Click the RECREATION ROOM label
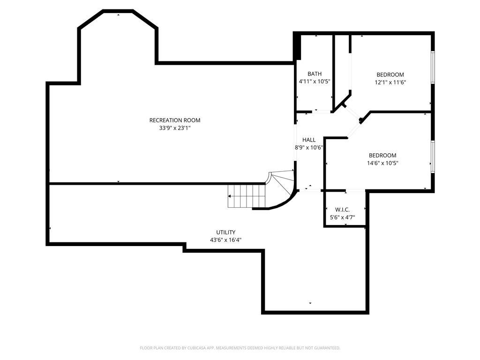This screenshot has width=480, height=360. pyautogui.click(x=175, y=120)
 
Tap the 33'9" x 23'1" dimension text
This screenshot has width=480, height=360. pyautogui.click(x=175, y=128)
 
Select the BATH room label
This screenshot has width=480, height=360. pyautogui.click(x=315, y=74)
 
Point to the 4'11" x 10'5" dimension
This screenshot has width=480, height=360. pyautogui.click(x=315, y=82)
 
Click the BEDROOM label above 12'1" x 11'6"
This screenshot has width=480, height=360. pyautogui.click(x=390, y=75)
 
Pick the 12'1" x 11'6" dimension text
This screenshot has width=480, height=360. pyautogui.click(x=390, y=82)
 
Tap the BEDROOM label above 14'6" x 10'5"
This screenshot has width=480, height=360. pyautogui.click(x=382, y=156)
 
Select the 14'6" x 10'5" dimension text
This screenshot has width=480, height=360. pyautogui.click(x=382, y=163)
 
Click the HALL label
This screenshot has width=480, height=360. pyautogui.click(x=309, y=140)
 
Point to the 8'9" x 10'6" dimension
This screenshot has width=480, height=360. pyautogui.click(x=309, y=148)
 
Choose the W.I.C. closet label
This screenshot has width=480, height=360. pyautogui.click(x=342, y=210)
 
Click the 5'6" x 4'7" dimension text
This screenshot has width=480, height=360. pyautogui.click(x=342, y=217)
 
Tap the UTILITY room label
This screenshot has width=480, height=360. pyautogui.click(x=226, y=232)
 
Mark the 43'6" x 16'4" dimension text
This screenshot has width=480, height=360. pyautogui.click(x=226, y=240)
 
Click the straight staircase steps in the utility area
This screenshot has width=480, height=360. pyautogui.click(x=247, y=196)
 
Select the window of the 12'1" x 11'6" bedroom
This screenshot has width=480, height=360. pyautogui.click(x=433, y=67)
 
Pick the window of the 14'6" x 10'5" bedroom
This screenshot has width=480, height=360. pyautogui.click(x=433, y=157)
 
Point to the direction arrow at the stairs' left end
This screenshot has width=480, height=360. pyautogui.click(x=229, y=196)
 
